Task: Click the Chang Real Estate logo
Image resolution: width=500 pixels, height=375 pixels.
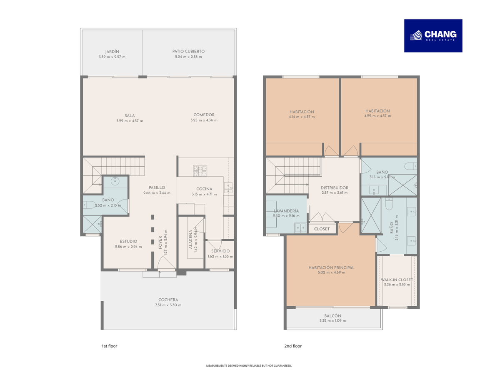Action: tap(433, 36)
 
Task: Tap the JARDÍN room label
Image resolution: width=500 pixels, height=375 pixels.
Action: tap(112, 52)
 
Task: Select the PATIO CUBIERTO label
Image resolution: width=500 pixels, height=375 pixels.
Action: tap(188, 51)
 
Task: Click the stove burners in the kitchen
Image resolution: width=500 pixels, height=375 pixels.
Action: tap(200, 171)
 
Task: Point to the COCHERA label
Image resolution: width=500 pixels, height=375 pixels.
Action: tap(168, 300)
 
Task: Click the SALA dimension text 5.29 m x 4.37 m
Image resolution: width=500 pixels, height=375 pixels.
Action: tap(130, 121)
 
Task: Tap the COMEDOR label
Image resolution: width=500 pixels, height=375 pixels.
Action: tap(204, 115)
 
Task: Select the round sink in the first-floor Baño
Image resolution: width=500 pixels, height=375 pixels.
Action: tap(115, 182)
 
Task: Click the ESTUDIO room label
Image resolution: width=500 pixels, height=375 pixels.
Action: tap(128, 241)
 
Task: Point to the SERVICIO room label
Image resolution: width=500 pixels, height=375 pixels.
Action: tap(220, 251)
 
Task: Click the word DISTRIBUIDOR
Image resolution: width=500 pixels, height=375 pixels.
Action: tap(335, 188)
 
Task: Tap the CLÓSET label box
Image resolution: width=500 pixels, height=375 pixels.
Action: tap(322, 229)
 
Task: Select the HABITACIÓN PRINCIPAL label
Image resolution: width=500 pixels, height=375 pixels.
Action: tap(331, 268)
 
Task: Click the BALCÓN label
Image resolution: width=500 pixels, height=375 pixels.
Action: tap(332, 316)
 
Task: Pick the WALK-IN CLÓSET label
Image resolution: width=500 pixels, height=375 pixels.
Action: tap(397, 280)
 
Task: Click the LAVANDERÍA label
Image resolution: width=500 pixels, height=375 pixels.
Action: tap(286, 211)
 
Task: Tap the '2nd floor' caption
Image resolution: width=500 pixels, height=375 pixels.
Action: tap(293, 346)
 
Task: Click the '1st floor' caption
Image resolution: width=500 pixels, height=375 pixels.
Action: tap(109, 346)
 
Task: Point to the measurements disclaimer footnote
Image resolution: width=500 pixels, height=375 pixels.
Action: tap(249, 366)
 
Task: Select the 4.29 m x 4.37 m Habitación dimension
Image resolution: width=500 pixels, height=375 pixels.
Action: tap(377, 116)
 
